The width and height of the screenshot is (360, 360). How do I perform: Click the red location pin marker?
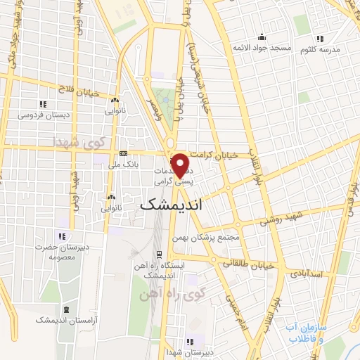181,165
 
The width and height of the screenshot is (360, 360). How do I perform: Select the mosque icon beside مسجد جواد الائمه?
262,37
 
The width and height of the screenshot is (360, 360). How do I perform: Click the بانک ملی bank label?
123,164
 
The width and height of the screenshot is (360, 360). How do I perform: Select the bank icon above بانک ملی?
123,153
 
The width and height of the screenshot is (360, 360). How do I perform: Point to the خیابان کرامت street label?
234,154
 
